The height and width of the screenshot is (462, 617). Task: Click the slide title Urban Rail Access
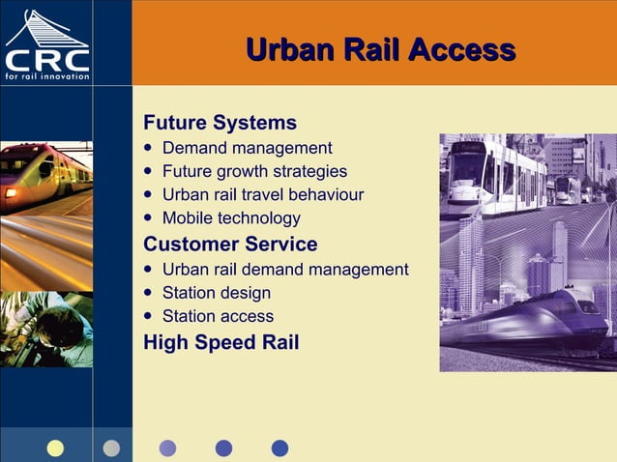pos(380,49)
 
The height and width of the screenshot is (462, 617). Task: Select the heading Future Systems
pos(220,123)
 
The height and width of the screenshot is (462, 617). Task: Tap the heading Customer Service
pos(230,244)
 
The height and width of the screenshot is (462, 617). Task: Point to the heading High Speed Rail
pos(220,342)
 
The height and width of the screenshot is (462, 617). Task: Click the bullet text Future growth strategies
pos(254,171)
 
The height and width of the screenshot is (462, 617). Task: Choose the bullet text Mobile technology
pos(231,217)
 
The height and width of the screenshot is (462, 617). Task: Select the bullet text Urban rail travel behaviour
pos(263,194)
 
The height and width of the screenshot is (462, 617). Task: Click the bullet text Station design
pos(217,292)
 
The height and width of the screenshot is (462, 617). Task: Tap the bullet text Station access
pos(218,316)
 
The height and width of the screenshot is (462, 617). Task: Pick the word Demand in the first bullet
pos(193,148)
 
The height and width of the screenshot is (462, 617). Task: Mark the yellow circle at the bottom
pos(55,448)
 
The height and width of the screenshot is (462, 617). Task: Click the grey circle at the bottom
pos(111,448)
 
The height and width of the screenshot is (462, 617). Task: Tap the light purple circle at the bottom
pos(167,448)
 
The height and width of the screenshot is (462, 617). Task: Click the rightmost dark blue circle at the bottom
pos(279,448)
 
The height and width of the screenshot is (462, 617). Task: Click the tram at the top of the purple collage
pos(493,174)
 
